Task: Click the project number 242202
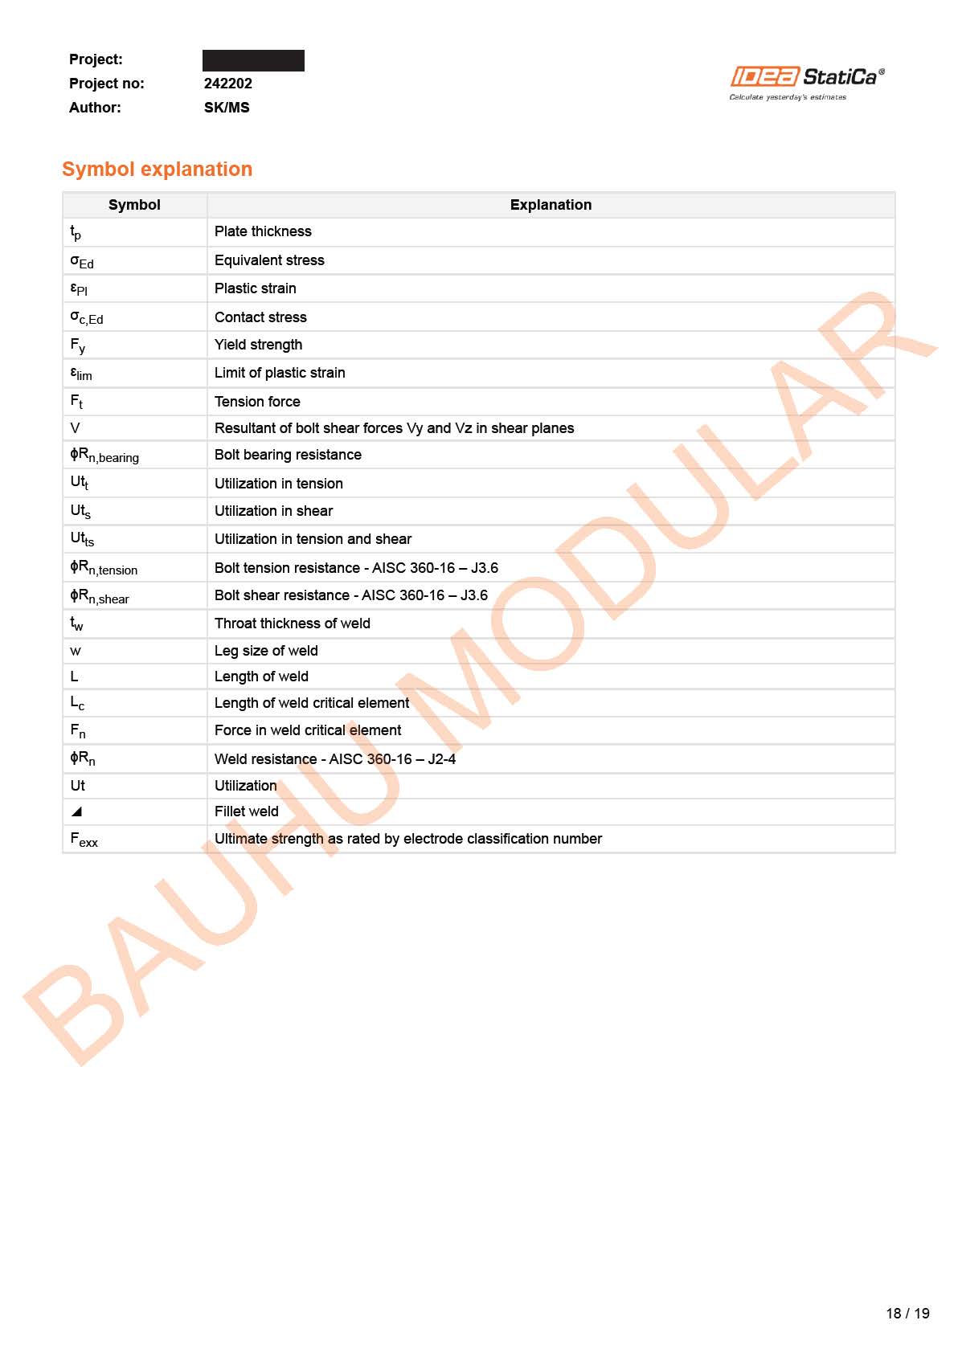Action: [228, 84]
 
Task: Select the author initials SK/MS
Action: [227, 108]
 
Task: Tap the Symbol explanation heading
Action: [158, 170]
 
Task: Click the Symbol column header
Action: [134, 205]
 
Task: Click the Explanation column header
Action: [551, 205]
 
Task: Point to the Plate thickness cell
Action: [263, 231]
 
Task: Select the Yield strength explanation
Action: [258, 345]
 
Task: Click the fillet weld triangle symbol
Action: [76, 811]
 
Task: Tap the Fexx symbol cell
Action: [84, 840]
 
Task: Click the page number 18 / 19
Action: [907, 1313]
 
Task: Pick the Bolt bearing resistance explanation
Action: [288, 455]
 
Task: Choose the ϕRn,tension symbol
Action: [104, 568]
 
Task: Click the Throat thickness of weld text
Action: [292, 623]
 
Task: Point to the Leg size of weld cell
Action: [266, 651]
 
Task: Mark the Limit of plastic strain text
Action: [280, 373]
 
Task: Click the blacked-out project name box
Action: [253, 60]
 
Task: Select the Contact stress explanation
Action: [260, 317]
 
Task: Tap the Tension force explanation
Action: [257, 402]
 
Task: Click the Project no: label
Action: [106, 84]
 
